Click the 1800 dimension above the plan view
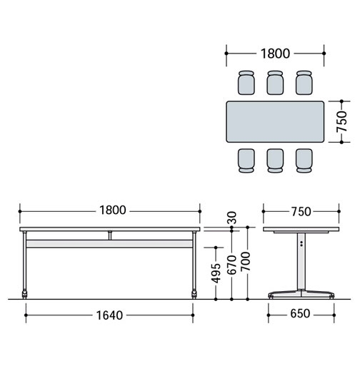coord(275,54)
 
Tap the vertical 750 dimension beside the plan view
coord(341,121)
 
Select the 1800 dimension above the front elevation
coord(113,210)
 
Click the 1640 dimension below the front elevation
coord(109,315)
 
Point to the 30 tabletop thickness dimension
coord(233,218)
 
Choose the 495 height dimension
coord(216,273)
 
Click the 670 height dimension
coord(231,265)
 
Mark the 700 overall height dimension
coord(246,261)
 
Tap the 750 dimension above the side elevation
coord(301,212)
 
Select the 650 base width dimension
coord(300,314)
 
